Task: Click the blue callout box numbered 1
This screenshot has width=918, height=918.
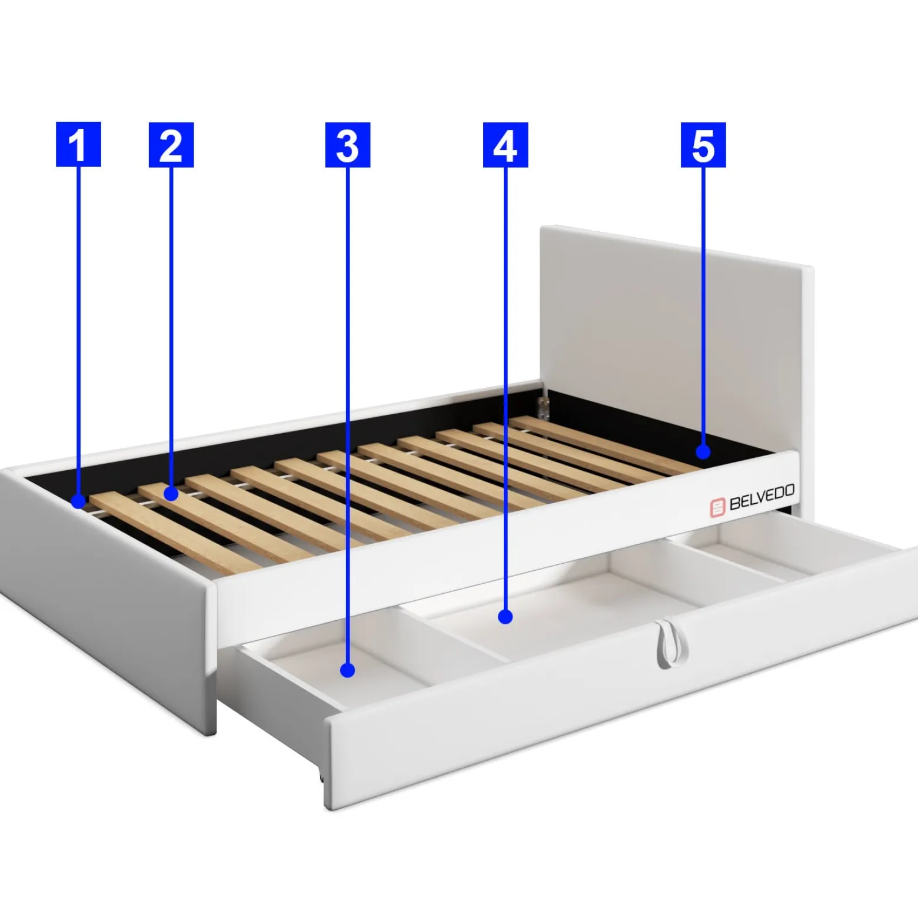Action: (x=78, y=144)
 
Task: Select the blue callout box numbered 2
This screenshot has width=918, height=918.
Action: (x=171, y=145)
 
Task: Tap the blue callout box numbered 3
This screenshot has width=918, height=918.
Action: (x=348, y=145)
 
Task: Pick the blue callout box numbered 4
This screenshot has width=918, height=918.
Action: (x=505, y=145)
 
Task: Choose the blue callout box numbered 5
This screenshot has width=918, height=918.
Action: (x=703, y=145)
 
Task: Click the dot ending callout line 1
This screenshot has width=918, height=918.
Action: (x=78, y=502)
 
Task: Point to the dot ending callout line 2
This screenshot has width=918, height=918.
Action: (x=171, y=494)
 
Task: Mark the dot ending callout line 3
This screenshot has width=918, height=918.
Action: (x=348, y=670)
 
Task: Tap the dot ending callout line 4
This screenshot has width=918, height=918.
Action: (x=505, y=617)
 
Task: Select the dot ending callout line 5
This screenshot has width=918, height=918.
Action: (x=703, y=452)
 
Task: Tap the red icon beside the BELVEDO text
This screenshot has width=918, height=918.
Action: (x=717, y=507)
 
